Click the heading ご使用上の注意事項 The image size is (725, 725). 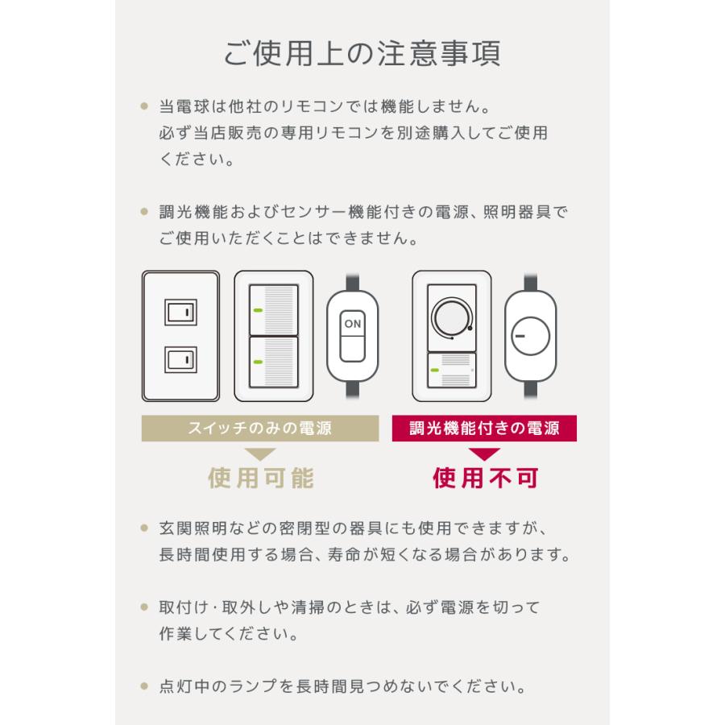[x=362, y=53]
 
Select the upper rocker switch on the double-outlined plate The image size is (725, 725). [x=180, y=311]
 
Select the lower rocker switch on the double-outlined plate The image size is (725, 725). [x=180, y=358]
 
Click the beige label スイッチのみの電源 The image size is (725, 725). [x=259, y=429]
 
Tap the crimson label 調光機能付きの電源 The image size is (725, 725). [x=485, y=429]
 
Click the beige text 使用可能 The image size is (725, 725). [x=261, y=478]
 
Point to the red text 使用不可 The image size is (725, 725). [x=485, y=478]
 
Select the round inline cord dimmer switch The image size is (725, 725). [x=531, y=334]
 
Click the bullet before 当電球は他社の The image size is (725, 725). [x=144, y=106]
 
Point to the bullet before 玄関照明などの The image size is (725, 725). [x=144, y=529]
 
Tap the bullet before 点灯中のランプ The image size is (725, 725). [x=144, y=687]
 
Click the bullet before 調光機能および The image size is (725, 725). [x=144, y=212]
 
